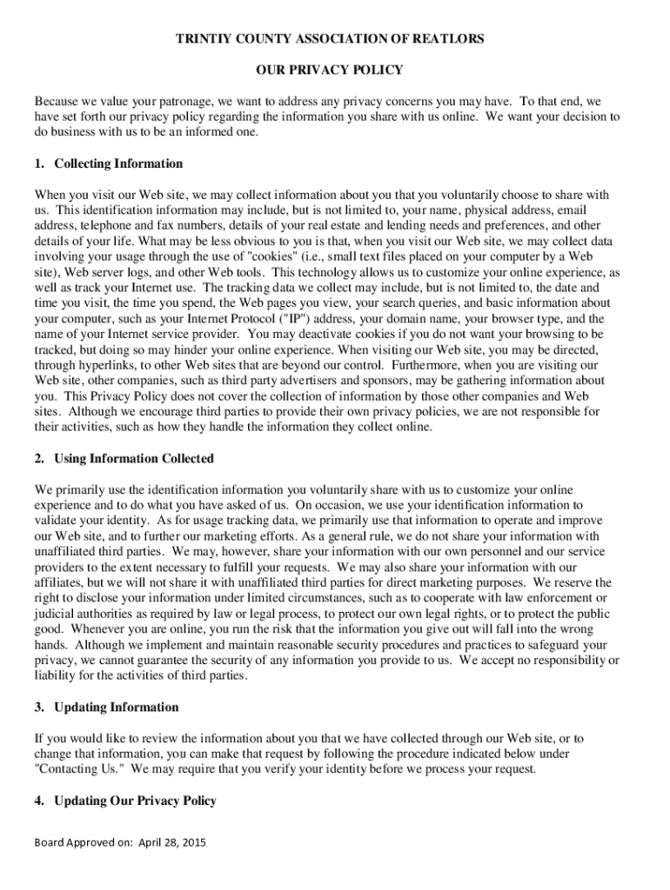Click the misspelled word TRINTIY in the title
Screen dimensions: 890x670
[206, 39]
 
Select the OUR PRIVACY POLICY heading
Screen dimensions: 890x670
[335, 70]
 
